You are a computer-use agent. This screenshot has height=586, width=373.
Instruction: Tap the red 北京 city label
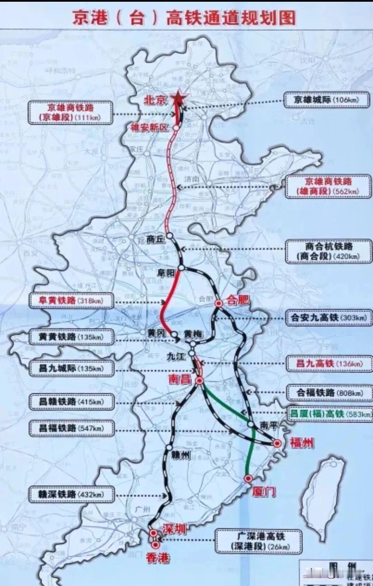point(155,100)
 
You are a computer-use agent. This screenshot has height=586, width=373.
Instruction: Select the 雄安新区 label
point(150,127)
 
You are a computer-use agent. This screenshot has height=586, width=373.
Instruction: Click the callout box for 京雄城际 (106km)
point(326,100)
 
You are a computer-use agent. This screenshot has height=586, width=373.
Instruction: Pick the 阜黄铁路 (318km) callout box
point(71,301)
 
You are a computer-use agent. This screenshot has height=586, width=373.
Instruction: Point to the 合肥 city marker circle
point(218,303)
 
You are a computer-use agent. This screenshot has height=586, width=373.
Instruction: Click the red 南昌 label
point(180,379)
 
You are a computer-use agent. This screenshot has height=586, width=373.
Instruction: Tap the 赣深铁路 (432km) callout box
point(71,495)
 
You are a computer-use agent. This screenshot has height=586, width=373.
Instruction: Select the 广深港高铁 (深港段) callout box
point(259,541)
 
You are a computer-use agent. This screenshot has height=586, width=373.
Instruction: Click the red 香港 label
point(157,558)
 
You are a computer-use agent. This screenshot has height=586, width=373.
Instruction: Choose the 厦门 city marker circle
point(248,478)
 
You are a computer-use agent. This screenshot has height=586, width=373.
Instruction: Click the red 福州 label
point(302,443)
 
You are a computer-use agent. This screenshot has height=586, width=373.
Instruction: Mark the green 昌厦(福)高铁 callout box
point(330,414)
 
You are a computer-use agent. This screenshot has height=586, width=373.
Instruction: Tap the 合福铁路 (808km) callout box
point(329,393)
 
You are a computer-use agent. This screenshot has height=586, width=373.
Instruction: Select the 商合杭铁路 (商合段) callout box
point(329,251)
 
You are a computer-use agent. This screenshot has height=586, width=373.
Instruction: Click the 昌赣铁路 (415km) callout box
point(71,402)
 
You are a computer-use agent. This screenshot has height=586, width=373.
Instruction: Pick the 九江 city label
point(176,356)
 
